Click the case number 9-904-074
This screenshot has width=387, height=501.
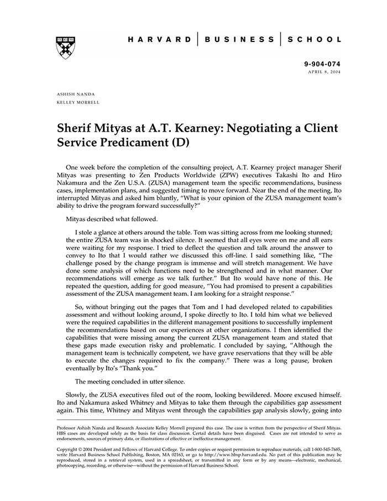323,65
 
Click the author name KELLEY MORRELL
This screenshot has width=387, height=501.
79,102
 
